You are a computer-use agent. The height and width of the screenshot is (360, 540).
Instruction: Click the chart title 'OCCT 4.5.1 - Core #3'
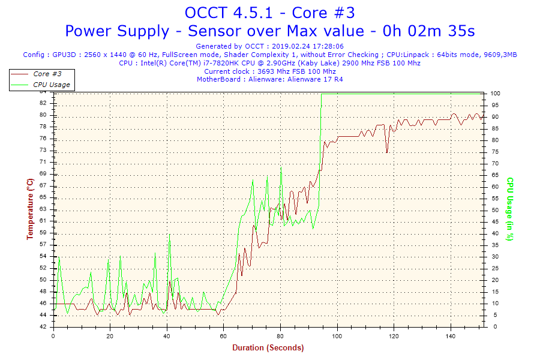(269, 13)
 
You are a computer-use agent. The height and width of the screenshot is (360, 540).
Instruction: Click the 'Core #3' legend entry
(47, 74)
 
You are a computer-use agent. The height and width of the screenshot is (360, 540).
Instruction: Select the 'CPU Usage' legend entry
(51, 85)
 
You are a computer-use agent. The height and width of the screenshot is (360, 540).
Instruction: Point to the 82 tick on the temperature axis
(43, 103)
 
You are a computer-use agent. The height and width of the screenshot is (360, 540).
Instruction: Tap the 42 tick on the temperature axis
(43, 326)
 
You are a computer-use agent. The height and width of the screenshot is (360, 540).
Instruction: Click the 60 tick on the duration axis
(224, 336)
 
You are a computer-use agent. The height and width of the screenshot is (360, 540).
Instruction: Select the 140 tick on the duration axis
(451, 336)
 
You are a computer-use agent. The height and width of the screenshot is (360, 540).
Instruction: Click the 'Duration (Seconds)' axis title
(268, 347)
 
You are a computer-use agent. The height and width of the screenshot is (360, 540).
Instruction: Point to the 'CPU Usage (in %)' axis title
(510, 209)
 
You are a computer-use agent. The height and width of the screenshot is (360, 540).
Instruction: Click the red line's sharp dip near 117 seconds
(387, 152)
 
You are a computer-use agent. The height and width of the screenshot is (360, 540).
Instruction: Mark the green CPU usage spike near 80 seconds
(281, 167)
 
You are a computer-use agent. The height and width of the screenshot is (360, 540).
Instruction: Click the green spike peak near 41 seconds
(170, 234)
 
